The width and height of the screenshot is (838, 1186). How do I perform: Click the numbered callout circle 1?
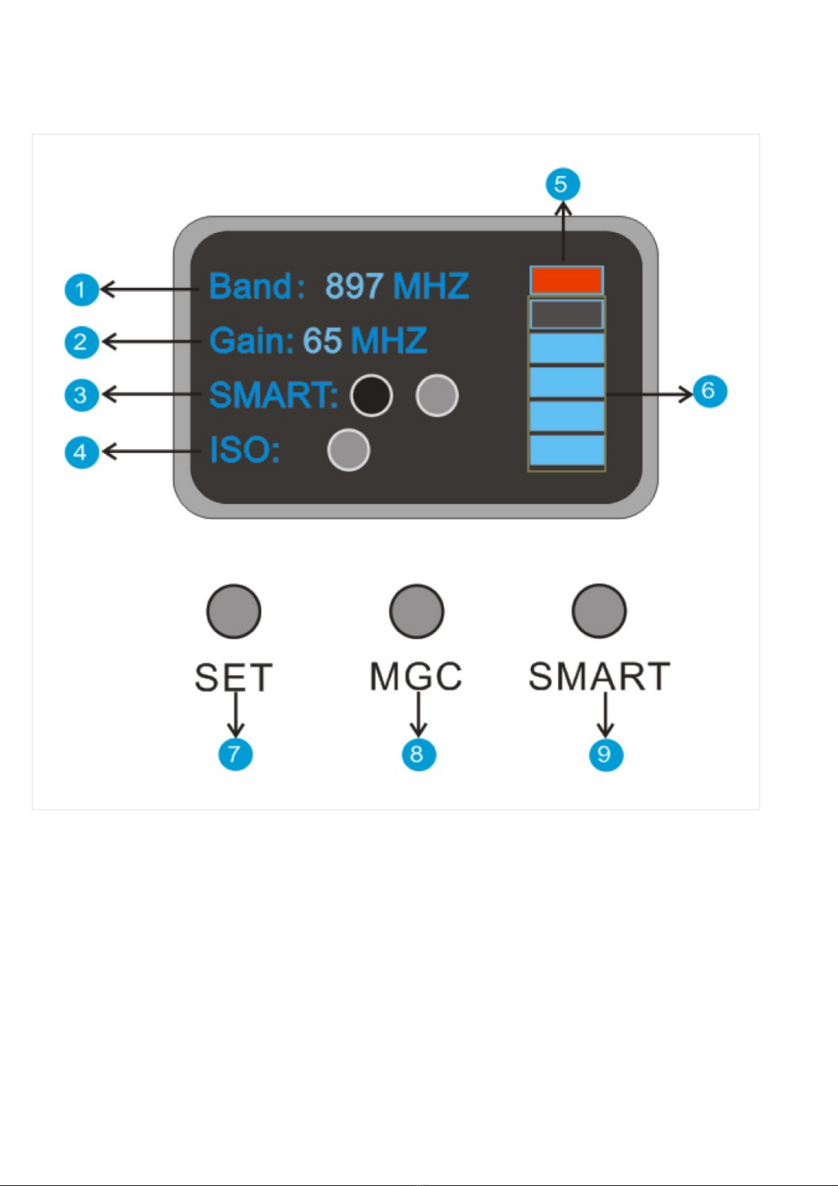pyautogui.click(x=82, y=289)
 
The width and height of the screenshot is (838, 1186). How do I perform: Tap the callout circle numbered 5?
pyautogui.click(x=563, y=184)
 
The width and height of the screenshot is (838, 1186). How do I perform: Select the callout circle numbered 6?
pyautogui.click(x=710, y=391)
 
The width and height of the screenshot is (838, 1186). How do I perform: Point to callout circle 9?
pyautogui.click(x=606, y=755)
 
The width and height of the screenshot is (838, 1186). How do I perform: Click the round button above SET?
pyautogui.click(x=234, y=612)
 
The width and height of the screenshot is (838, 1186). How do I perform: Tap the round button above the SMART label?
pyautogui.click(x=599, y=612)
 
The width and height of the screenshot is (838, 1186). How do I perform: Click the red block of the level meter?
pyautogui.click(x=566, y=280)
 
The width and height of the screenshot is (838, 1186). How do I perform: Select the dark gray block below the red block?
pyautogui.click(x=566, y=315)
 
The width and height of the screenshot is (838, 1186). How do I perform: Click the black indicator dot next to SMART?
pyautogui.click(x=372, y=396)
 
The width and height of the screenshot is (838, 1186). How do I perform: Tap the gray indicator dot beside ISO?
pyautogui.click(x=349, y=450)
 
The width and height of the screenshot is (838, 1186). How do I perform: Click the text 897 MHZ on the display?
pyautogui.click(x=397, y=286)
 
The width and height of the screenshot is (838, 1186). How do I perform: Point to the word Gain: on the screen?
pyautogui.click(x=252, y=340)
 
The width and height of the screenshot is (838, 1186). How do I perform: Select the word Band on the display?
pyautogui.click(x=250, y=286)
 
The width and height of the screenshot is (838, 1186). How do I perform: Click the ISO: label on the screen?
pyautogui.click(x=245, y=450)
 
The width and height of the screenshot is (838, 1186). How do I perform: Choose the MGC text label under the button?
pyautogui.click(x=416, y=676)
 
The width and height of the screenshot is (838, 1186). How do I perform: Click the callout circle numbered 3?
pyautogui.click(x=82, y=395)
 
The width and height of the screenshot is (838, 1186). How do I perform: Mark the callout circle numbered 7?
pyautogui.click(x=236, y=755)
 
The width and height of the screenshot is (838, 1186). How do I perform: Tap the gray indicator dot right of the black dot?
pyautogui.click(x=437, y=396)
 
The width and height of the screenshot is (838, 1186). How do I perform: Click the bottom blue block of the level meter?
pyautogui.click(x=567, y=450)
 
